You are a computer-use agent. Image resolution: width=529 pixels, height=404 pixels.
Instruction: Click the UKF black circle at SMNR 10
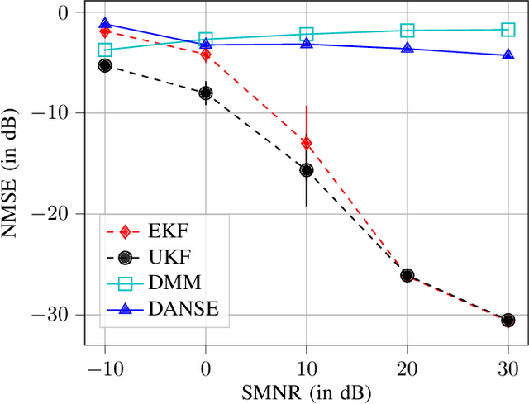pyautogui.click(x=307, y=170)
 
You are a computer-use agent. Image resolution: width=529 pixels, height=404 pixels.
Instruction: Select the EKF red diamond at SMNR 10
pyautogui.click(x=307, y=143)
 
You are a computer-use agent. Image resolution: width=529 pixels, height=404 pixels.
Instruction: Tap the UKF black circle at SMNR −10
pyautogui.click(x=105, y=65)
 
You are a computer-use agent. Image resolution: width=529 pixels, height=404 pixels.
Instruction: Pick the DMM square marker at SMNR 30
pyautogui.click(x=508, y=30)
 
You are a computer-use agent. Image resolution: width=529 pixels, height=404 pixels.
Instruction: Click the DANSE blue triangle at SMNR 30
pyautogui.click(x=508, y=55)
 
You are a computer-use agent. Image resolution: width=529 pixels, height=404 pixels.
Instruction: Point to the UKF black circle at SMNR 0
pyautogui.click(x=206, y=93)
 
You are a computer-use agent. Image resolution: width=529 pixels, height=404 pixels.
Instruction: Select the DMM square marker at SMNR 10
pyautogui.click(x=307, y=34)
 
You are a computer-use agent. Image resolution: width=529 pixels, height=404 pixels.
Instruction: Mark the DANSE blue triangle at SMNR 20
pyautogui.click(x=407, y=48)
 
